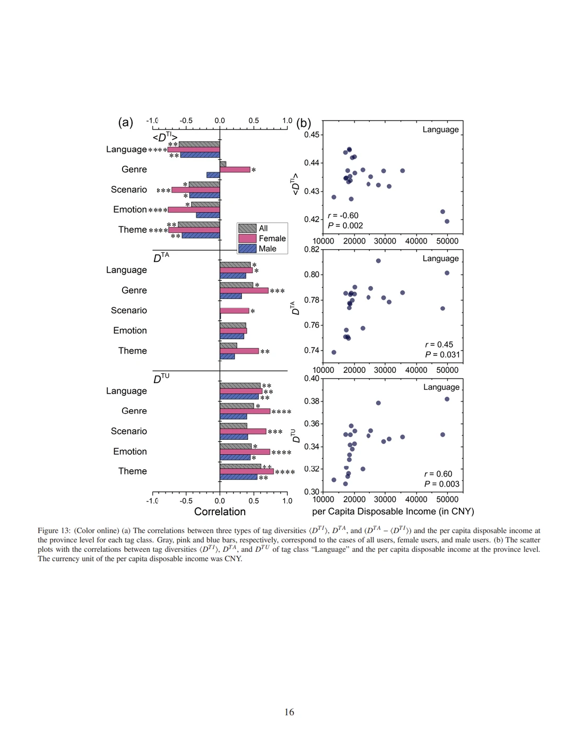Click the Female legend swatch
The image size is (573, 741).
coord(247,238)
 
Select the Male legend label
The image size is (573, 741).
coord(267,249)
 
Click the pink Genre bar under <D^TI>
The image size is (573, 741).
coord(235,169)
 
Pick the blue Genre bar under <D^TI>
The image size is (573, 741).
coord(213,175)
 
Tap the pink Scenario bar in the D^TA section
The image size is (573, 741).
coord(235,311)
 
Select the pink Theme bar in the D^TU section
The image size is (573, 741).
coord(247,472)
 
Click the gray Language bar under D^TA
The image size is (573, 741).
coord(235,265)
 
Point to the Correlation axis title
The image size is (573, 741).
coord(220,512)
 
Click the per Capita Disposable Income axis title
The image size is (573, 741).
coord(393,512)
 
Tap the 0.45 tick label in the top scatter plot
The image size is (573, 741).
coord(311,135)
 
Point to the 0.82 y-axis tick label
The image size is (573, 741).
coord(311,249)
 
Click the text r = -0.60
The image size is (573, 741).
coord(343,216)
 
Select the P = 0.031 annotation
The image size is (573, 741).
coord(442,355)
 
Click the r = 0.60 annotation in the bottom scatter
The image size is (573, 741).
coord(438,474)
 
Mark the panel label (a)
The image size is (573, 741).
coord(125,122)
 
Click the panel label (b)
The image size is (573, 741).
coord(303,123)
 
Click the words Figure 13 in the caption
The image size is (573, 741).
coord(54,531)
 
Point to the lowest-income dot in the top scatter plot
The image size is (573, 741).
coord(334,197)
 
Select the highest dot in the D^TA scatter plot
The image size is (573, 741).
coord(378,261)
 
